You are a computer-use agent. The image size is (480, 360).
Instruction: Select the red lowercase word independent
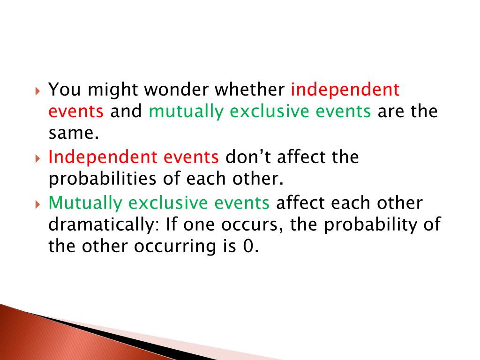[345, 89]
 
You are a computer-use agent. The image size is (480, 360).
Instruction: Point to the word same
[74, 134]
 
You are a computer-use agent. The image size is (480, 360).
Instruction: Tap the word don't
[248, 157]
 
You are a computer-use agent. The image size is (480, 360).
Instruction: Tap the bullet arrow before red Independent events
[38, 158]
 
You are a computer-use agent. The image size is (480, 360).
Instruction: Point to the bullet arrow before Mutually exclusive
[38, 204]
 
